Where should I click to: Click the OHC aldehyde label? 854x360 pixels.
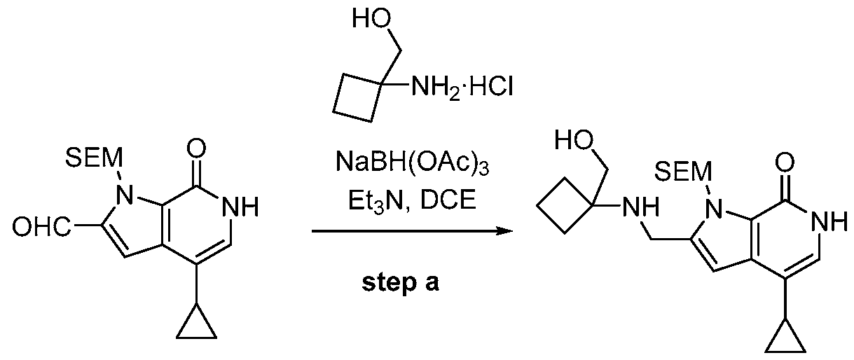(41, 227)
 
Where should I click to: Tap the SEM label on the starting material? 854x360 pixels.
(94, 158)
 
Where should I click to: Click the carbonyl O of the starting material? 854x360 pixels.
(196, 148)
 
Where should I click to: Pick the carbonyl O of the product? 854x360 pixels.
(785, 162)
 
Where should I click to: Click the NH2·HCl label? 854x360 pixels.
(462, 87)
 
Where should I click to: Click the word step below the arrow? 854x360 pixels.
(388, 284)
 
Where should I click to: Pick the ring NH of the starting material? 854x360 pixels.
(240, 207)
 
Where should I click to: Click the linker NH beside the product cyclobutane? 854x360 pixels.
(640, 207)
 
